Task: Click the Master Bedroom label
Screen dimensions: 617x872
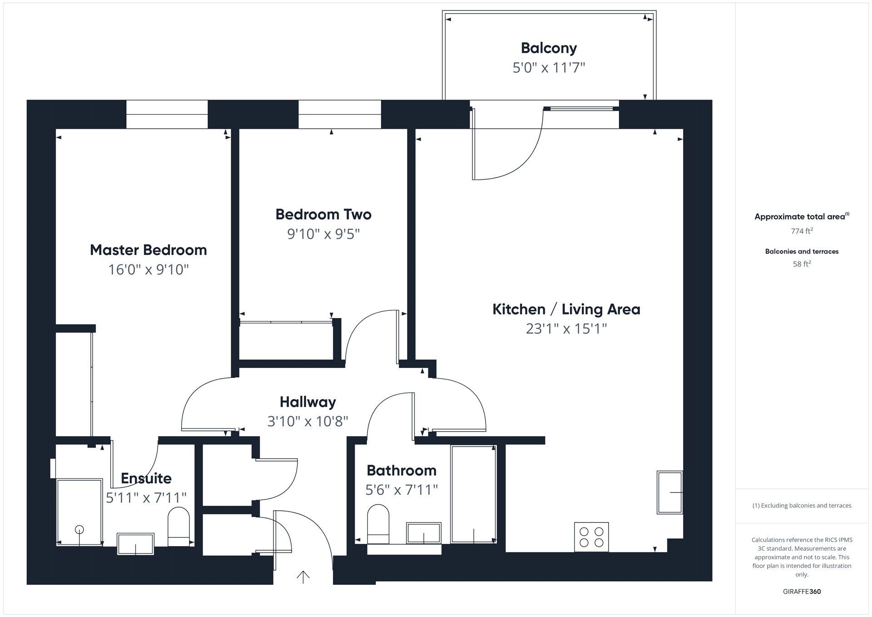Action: (148, 250)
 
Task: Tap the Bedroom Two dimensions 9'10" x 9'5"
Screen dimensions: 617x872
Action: (323, 234)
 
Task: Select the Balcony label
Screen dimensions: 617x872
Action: (549, 48)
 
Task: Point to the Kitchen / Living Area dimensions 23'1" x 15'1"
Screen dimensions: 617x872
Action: (566, 328)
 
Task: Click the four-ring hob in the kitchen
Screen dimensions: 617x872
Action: (591, 537)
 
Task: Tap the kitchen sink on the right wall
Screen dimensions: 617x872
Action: (669, 493)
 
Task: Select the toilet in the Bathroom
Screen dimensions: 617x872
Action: (378, 523)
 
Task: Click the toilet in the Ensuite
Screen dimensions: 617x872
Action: (178, 527)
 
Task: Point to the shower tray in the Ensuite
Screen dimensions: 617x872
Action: (79, 511)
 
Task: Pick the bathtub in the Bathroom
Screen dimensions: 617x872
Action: (473, 494)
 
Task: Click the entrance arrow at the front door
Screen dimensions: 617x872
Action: (303, 577)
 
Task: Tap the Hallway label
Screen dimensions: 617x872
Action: (307, 402)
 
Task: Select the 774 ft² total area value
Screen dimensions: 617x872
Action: (802, 231)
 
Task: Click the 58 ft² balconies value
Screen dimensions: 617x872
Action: (802, 264)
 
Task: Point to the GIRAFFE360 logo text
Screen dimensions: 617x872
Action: (802, 592)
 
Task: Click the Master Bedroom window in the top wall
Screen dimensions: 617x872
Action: (167, 114)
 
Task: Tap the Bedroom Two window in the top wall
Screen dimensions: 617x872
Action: (339, 114)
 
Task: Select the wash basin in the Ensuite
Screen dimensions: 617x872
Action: (135, 544)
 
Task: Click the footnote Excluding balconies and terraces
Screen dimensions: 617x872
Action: (802, 506)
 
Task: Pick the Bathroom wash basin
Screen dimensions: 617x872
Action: (424, 533)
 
